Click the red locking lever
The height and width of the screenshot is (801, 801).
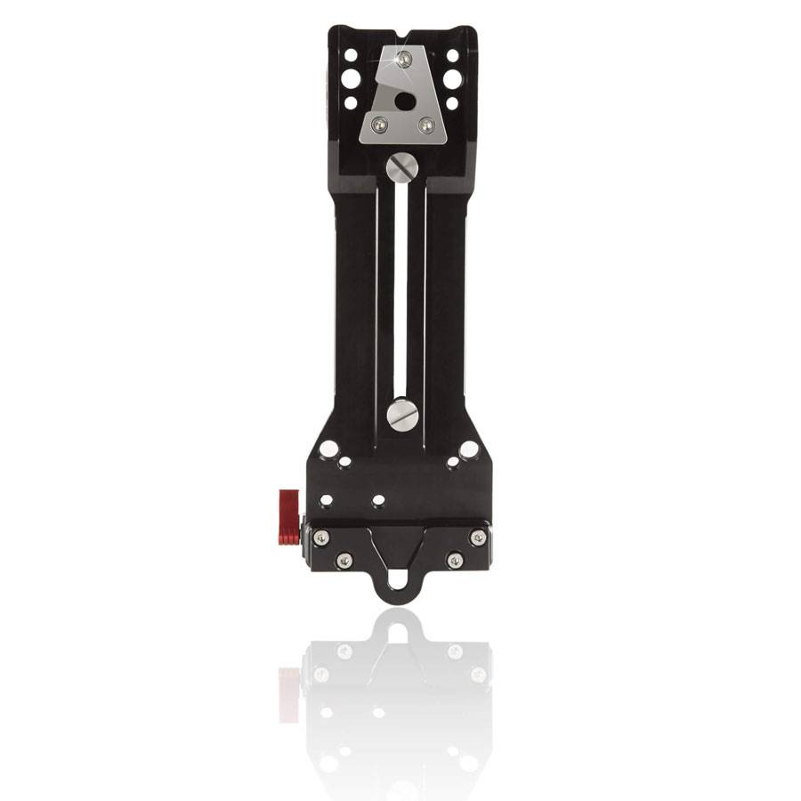(x=289, y=516)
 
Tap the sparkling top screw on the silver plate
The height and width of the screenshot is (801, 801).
(x=403, y=60)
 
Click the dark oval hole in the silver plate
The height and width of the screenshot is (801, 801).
(x=404, y=101)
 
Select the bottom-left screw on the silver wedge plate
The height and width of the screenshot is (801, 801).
(x=379, y=125)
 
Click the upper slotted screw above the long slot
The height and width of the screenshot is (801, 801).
(x=401, y=166)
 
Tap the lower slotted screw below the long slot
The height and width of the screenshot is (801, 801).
(x=402, y=414)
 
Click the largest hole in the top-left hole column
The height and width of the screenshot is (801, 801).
(x=351, y=79)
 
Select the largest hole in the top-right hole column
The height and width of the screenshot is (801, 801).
(x=452, y=79)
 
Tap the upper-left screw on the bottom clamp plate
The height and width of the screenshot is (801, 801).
(x=321, y=538)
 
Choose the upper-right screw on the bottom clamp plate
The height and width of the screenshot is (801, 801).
(x=478, y=538)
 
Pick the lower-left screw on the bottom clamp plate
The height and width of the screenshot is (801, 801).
(x=344, y=560)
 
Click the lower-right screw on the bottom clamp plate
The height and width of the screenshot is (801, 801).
(x=455, y=560)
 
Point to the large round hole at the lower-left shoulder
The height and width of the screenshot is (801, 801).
(x=328, y=449)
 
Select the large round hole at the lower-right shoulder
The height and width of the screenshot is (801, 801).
(x=468, y=449)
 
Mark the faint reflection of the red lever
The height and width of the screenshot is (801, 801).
(x=289, y=694)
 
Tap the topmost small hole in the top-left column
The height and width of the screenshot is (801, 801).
(x=351, y=55)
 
